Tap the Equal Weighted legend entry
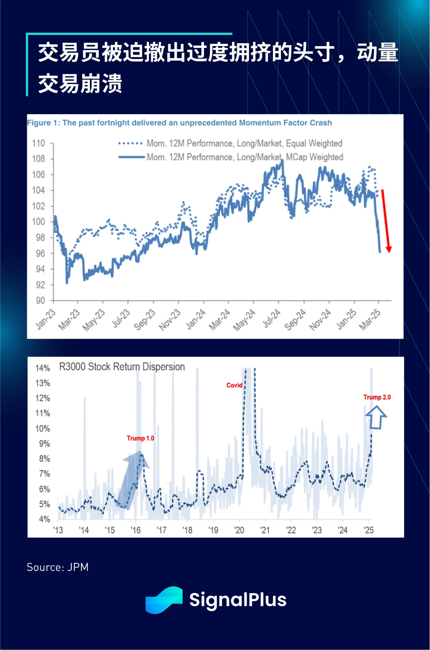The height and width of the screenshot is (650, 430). click(x=244, y=143)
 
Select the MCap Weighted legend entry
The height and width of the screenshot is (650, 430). click(x=244, y=157)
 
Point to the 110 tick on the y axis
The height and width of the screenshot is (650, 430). click(x=38, y=143)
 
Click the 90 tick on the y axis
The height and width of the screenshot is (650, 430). click(x=40, y=300)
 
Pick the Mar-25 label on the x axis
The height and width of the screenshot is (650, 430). click(x=370, y=319)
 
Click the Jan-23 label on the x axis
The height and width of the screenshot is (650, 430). click(x=46, y=319)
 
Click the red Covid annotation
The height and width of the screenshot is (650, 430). click(x=234, y=385)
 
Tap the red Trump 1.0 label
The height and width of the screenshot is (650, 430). click(x=140, y=438)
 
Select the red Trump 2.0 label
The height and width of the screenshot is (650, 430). click(x=377, y=397)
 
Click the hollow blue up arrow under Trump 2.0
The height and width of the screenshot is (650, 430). click(x=376, y=418)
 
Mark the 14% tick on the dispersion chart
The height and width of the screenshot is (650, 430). click(x=43, y=368)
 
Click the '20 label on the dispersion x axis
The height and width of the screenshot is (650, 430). click(x=239, y=530)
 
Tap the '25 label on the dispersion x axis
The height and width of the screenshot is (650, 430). click(x=368, y=530)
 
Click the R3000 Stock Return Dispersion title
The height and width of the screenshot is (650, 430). click(x=122, y=367)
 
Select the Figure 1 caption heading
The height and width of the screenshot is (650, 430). click(x=179, y=123)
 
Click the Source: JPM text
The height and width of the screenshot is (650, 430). click(x=58, y=567)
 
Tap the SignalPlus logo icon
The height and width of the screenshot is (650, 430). click(x=164, y=600)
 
